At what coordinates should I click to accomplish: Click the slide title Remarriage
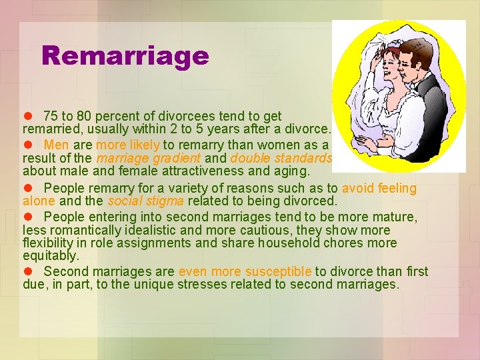125,56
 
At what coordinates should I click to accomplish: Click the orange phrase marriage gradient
148,159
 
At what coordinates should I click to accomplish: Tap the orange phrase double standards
281,159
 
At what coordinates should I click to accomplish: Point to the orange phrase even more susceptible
245,272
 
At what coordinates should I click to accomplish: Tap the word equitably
51,256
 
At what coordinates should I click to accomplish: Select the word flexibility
50,243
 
